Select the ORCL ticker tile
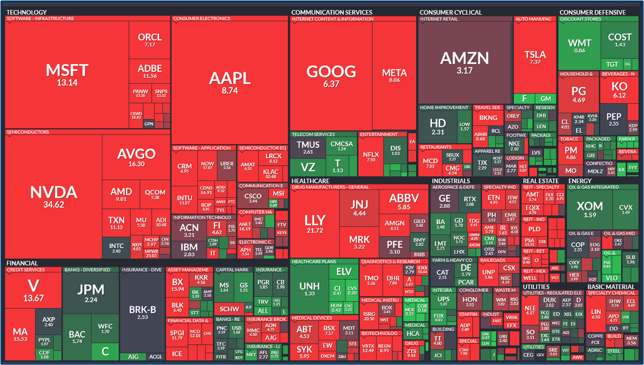(x=150, y=40)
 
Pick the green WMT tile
(x=579, y=45)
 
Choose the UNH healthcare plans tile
(x=309, y=289)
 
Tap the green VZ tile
(x=308, y=167)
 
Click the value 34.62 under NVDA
(x=53, y=204)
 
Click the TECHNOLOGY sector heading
(x=26, y=12)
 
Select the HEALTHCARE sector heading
(x=310, y=181)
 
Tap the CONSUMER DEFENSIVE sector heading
(x=592, y=12)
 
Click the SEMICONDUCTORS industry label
(x=27, y=132)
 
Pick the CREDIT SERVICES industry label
(x=26, y=270)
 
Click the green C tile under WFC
(x=105, y=351)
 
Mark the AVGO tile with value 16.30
(x=136, y=157)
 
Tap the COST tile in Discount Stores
(x=620, y=40)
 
